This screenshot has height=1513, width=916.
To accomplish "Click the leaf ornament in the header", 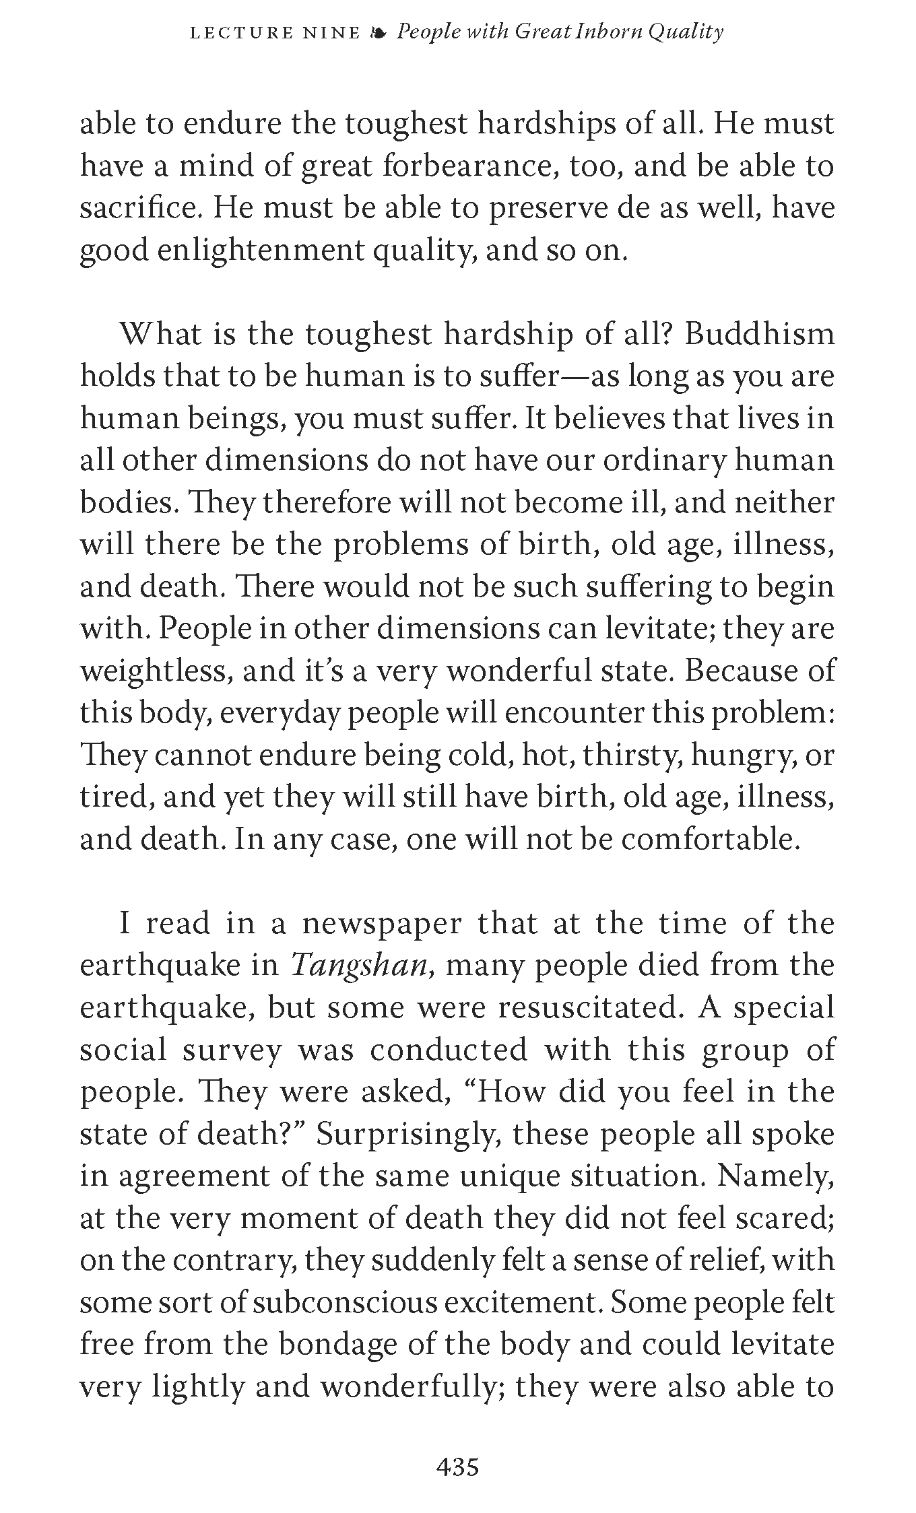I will point(379,32).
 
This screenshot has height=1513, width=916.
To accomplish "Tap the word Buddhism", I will point(759,334).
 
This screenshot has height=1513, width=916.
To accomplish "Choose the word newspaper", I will point(382,923).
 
